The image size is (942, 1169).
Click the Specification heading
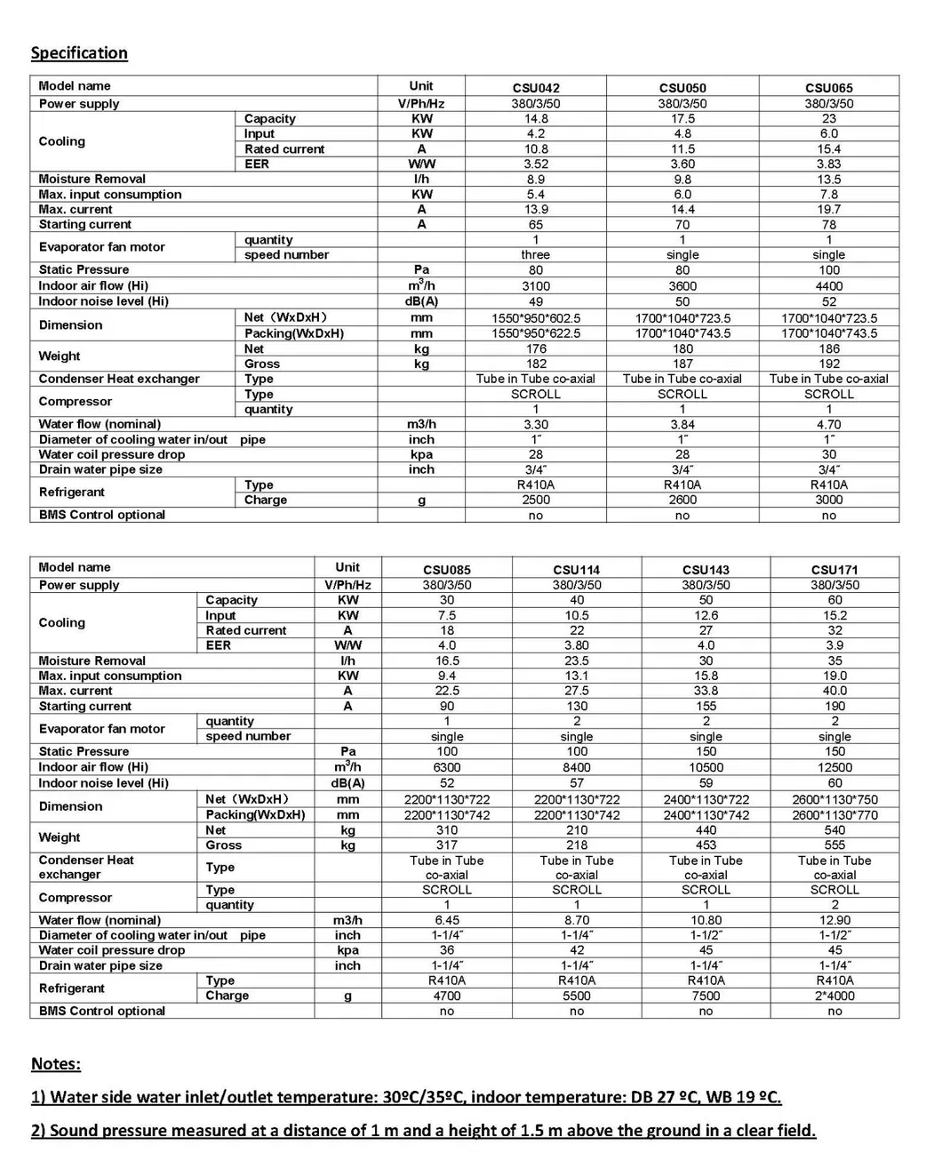click(79, 53)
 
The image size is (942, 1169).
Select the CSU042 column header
click(536, 88)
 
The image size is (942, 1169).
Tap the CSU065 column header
click(828, 88)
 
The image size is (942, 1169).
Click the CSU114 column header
click(577, 570)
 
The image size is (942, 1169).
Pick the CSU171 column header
click(834, 570)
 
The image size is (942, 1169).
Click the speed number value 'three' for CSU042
click(536, 255)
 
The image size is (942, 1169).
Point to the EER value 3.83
click(828, 164)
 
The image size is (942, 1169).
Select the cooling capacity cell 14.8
click(536, 119)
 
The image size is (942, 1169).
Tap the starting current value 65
click(536, 225)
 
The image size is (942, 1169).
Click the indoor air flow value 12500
click(834, 768)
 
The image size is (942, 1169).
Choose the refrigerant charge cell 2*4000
click(834, 997)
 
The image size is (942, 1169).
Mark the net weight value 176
click(536, 349)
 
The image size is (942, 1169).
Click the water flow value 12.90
click(834, 921)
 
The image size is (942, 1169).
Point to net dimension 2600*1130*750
click(834, 800)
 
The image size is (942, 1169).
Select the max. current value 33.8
click(706, 691)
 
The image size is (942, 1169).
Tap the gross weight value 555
click(834, 845)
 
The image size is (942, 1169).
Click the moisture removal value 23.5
click(577, 661)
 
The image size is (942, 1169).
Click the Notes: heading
click(56, 1064)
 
